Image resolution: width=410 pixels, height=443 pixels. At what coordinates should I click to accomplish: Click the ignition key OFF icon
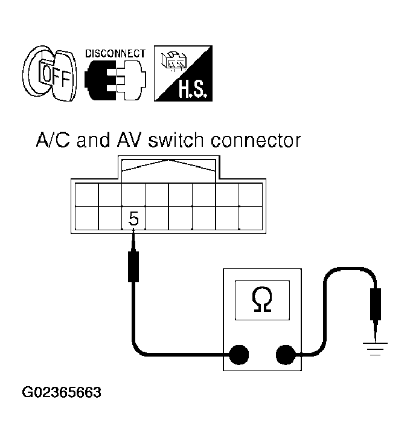[50, 74]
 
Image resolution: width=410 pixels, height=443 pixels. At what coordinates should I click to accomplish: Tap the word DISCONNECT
[115, 53]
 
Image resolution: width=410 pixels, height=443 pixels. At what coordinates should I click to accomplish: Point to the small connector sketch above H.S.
[173, 60]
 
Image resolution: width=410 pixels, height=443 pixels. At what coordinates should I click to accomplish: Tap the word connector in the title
[256, 140]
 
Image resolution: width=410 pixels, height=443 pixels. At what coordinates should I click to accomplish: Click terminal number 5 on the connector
[133, 219]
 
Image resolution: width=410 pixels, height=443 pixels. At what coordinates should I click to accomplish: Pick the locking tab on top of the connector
[168, 167]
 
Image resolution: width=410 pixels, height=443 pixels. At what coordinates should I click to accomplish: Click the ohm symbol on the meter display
[262, 300]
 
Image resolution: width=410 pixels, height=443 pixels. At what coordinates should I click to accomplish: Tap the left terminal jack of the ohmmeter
[239, 355]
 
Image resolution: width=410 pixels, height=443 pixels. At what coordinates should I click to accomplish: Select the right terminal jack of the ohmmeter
[286, 355]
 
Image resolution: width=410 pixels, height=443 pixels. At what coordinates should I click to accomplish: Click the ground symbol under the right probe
[375, 349]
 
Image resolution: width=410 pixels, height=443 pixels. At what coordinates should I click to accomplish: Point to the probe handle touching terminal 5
[133, 267]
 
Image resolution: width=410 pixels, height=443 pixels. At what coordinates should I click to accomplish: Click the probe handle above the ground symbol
[375, 304]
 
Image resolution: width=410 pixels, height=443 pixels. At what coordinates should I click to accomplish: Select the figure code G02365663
[62, 392]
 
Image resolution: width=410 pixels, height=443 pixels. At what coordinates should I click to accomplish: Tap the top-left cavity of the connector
[87, 195]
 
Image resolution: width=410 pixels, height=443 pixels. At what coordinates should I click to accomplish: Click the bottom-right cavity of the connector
[251, 218]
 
